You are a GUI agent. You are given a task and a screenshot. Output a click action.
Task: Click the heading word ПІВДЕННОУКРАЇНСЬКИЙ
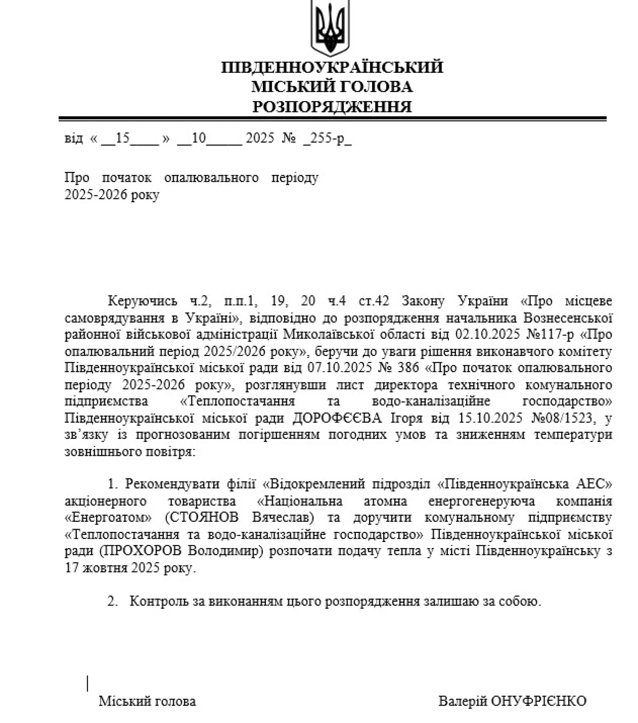(332, 67)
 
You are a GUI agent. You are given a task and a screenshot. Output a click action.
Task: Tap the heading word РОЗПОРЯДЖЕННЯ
(332, 106)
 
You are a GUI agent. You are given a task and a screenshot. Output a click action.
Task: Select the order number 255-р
(328, 138)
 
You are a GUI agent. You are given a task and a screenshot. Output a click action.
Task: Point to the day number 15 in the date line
(122, 138)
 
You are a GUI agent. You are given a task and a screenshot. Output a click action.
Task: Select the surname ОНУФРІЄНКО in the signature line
(538, 701)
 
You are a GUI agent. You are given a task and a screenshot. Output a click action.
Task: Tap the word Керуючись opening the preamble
(142, 301)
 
